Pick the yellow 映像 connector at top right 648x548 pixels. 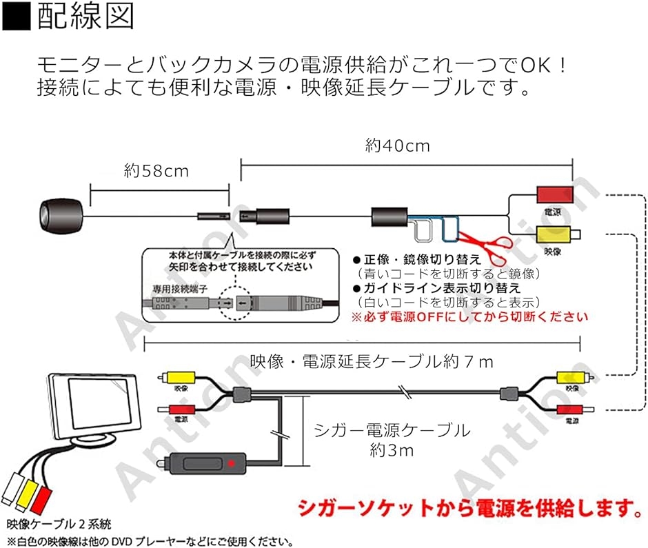pos(556,236)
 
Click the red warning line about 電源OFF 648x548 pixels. pos(469,317)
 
